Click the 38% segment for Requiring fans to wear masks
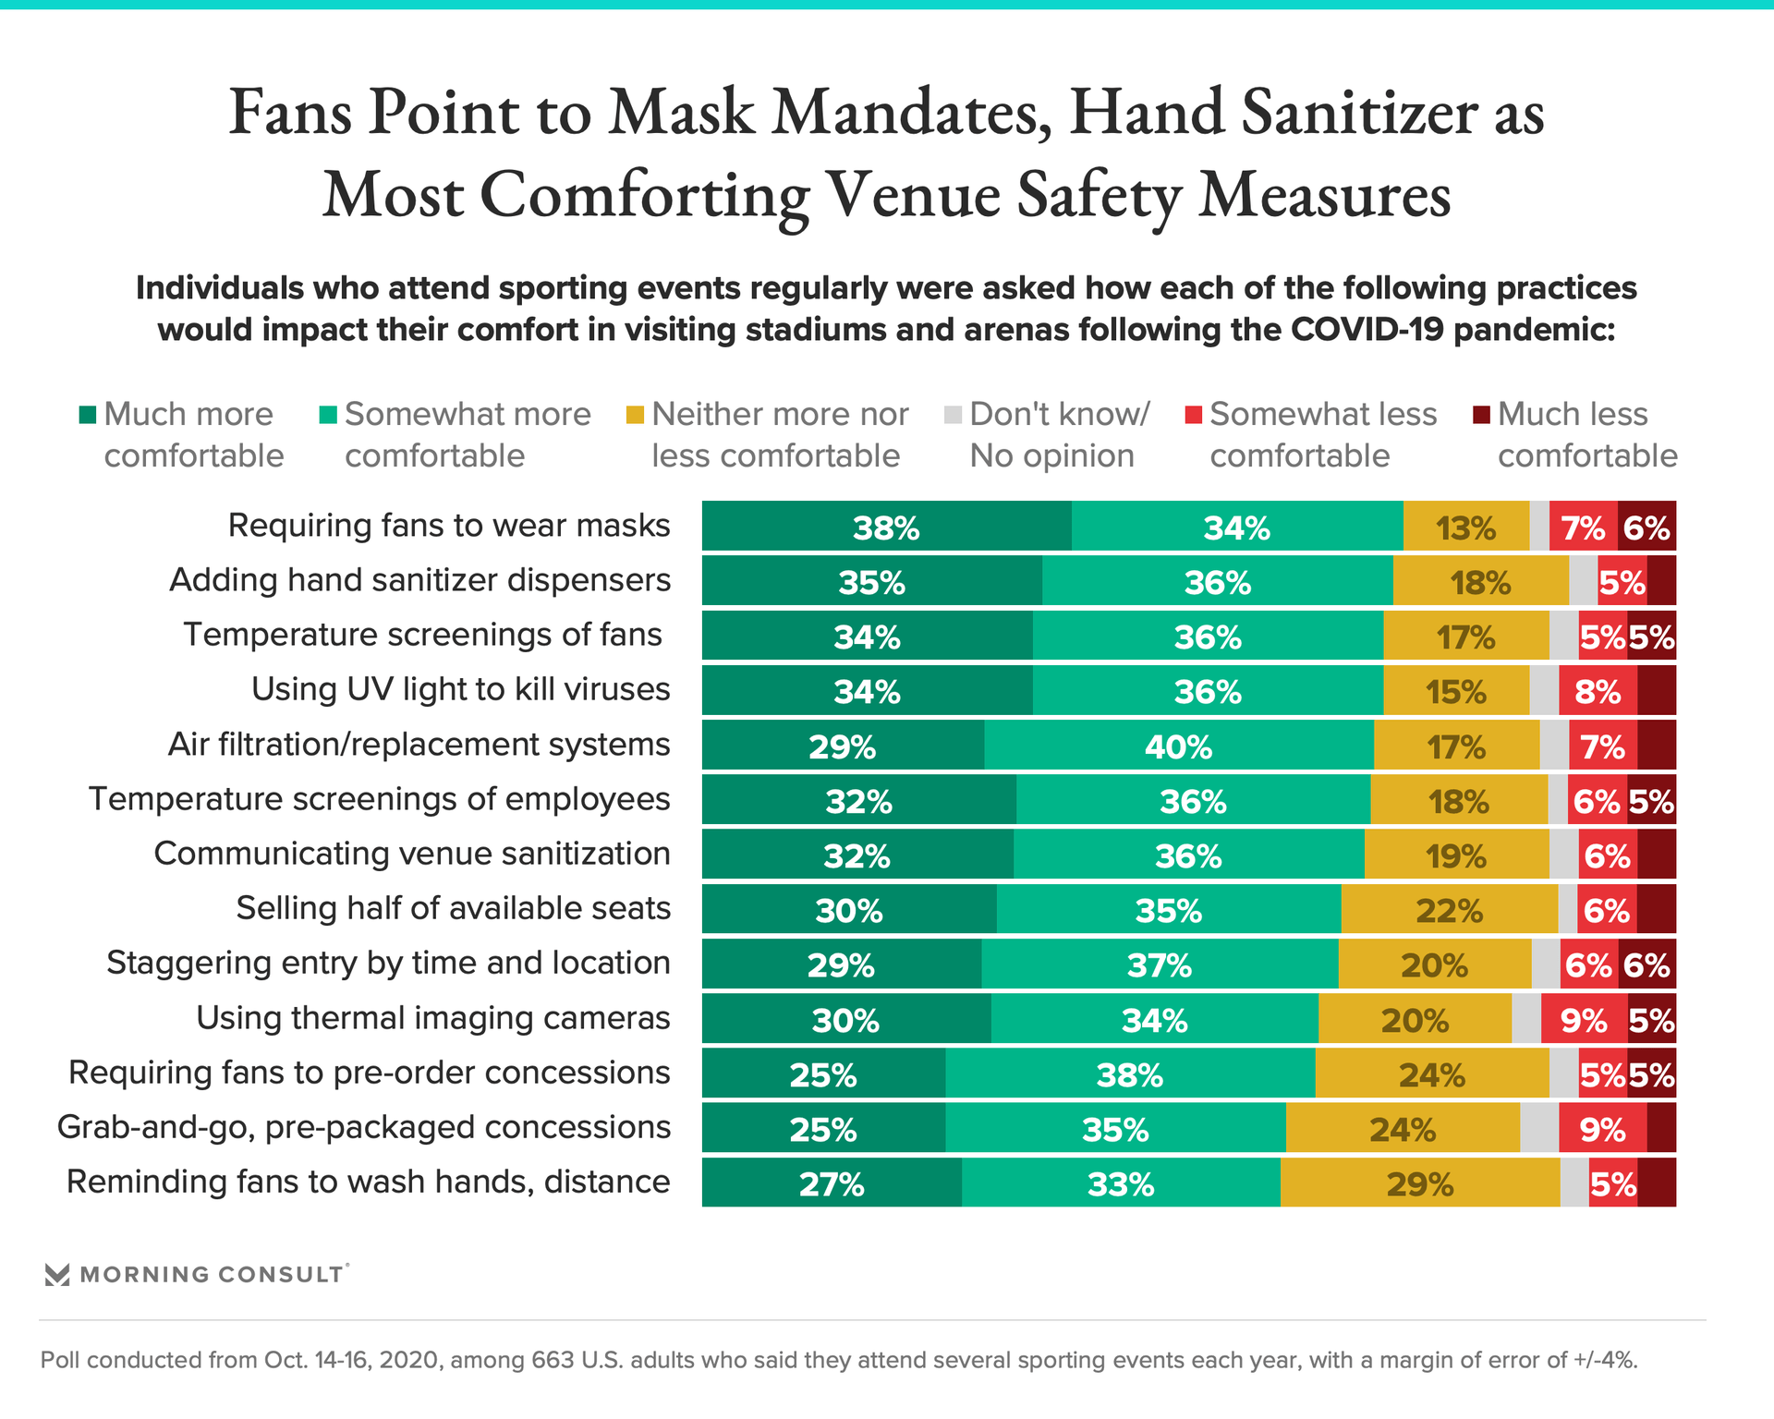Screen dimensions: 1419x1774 pos(886,527)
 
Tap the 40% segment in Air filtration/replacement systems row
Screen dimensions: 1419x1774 pos(1178,746)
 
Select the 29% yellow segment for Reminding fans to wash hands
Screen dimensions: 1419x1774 pos(1419,1183)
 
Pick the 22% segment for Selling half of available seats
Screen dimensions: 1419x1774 pos(1449,910)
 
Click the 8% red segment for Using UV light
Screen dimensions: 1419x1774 pos(1598,691)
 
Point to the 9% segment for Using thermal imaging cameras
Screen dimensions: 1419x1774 pos(1584,1019)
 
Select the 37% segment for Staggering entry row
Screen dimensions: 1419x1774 pos(1159,964)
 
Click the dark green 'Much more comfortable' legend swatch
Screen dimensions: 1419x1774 pos(88,415)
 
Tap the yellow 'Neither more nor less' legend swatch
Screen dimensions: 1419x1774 pos(635,415)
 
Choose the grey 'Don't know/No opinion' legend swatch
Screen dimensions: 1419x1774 pos(954,415)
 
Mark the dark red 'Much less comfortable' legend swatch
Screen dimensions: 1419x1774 pos(1482,415)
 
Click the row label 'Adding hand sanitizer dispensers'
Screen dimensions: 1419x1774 pos(419,580)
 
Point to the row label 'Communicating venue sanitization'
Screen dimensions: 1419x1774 pos(412,854)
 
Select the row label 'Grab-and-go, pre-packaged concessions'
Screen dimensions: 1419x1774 pos(364,1127)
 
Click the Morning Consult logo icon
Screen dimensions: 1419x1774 pos(57,1275)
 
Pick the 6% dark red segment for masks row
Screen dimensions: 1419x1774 pos(1646,527)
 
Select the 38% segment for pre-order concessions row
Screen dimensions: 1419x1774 pos(1129,1074)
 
